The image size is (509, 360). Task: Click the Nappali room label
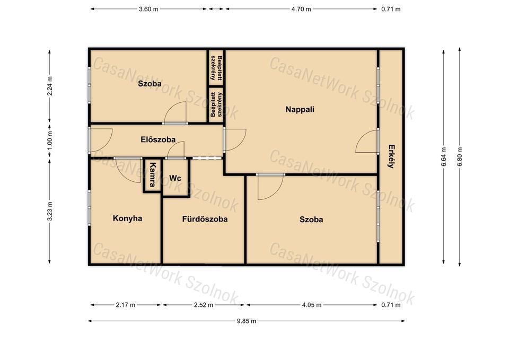click(300, 109)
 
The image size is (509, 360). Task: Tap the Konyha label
click(128, 218)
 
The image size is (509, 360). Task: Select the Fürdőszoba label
click(205, 219)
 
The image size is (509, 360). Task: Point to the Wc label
click(175, 178)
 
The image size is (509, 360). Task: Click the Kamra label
click(152, 174)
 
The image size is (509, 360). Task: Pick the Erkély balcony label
click(391, 156)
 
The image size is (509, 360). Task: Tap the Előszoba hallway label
click(158, 139)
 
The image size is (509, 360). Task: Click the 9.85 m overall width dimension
click(247, 321)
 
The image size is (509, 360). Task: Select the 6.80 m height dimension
click(460, 157)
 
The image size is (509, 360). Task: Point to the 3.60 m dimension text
click(148, 9)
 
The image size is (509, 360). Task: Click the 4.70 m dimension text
click(301, 9)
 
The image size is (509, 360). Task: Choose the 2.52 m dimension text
click(204, 305)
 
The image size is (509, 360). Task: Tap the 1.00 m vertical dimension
click(50, 140)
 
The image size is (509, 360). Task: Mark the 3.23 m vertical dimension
click(50, 212)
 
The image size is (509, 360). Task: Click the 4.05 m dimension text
click(312, 305)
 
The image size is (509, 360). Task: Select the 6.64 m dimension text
click(444, 157)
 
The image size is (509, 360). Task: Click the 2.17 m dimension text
click(126, 305)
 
